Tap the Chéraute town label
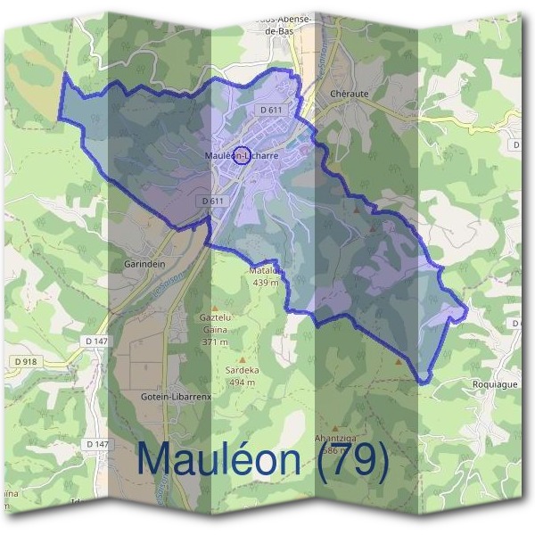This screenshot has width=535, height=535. [x=346, y=92]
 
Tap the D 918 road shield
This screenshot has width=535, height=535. [x=25, y=360]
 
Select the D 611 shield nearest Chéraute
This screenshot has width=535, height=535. [x=272, y=109]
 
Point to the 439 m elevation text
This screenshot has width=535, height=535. [x=266, y=283]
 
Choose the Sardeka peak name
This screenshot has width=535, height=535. [x=243, y=371]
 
